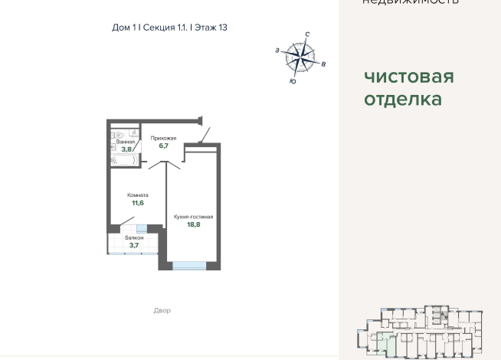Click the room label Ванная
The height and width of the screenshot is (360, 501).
[x=126, y=142]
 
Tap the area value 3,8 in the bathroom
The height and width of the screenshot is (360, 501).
[x=126, y=149]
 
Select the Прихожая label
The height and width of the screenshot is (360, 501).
[x=163, y=138]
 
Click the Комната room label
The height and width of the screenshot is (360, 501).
[x=138, y=195]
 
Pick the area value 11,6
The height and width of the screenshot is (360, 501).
[x=138, y=203]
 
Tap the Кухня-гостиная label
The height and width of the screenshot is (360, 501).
[x=193, y=217]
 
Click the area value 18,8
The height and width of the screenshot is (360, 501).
[x=193, y=224]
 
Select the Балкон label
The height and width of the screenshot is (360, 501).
[x=134, y=238]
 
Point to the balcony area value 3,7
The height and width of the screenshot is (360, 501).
[x=134, y=245]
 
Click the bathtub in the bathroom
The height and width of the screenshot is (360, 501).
[x=125, y=161]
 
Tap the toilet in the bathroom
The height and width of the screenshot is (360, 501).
[x=115, y=131]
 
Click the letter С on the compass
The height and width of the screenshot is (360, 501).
[x=307, y=34]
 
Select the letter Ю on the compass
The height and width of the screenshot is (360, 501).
[x=292, y=80]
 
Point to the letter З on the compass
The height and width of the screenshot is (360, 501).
[x=277, y=50]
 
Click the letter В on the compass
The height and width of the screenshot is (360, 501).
[x=324, y=64]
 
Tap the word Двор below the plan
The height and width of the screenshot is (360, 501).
[x=162, y=310]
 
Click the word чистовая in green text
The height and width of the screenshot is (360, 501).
[x=408, y=77]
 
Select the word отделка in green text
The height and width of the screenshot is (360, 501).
[x=402, y=100]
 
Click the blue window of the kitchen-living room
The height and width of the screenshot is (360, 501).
[x=189, y=265]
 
